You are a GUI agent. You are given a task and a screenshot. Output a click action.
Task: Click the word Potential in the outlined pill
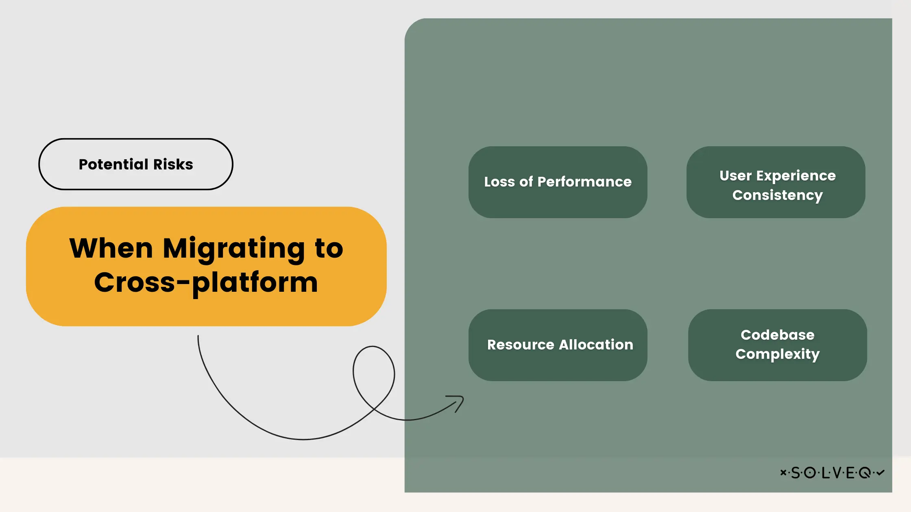pos(113,164)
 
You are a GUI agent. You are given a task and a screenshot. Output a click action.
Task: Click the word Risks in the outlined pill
pos(173,164)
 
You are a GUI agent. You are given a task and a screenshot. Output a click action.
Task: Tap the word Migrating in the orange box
pos(234,248)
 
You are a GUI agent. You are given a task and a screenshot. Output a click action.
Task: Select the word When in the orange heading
pos(111,248)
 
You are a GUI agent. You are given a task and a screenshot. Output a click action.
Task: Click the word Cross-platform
pos(206,282)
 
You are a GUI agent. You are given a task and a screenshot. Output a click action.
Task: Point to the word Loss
pos(499,182)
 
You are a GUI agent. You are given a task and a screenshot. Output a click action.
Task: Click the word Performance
pos(584,182)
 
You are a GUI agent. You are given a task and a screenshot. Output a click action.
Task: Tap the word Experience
pos(796,176)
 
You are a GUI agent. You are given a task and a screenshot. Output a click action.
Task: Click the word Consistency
pos(778,195)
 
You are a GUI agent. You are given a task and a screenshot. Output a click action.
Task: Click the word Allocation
pos(596,345)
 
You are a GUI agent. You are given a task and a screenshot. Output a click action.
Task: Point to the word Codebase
pos(778,335)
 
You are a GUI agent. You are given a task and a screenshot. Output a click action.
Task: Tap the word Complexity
pos(778,354)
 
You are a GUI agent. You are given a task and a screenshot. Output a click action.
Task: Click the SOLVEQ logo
pos(832,473)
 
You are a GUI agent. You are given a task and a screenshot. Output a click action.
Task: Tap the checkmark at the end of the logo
pos(880,472)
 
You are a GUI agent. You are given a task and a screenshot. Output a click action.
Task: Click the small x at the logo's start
pos(783,472)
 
